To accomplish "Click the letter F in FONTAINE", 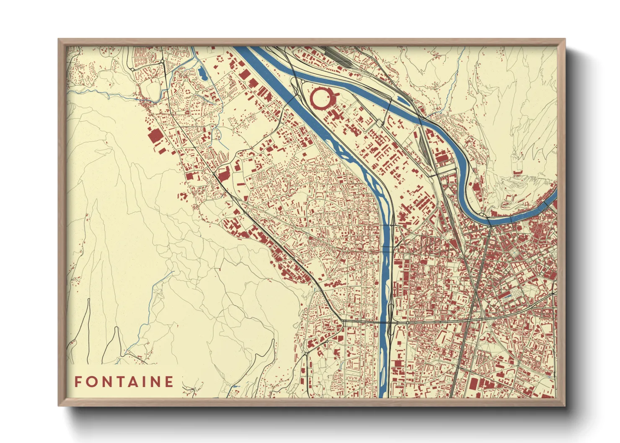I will pyautogui.click(x=78, y=382).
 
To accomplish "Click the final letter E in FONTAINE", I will pyautogui.click(x=169, y=382).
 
